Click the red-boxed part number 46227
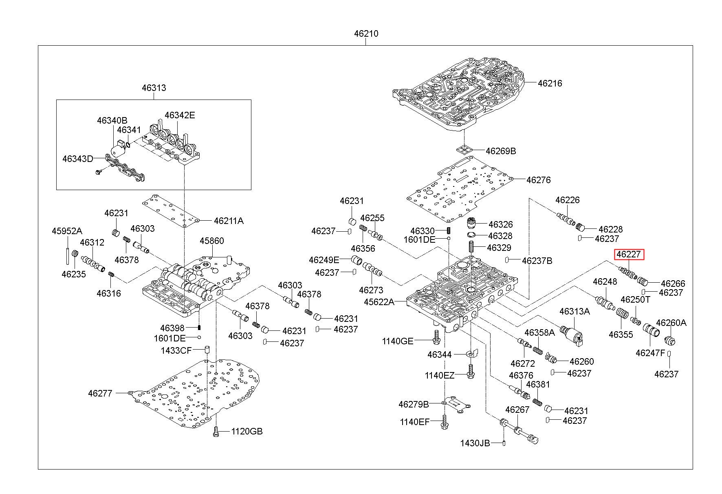pos(629,255)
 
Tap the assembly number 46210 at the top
pos(366,34)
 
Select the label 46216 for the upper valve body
pos(550,83)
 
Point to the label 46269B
pos(501,151)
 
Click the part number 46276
pos(538,180)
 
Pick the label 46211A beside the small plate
pos(229,221)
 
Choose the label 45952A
pos(67,231)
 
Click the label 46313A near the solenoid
pos(575,312)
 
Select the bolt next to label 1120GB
pos(216,432)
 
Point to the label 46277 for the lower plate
pos(100,393)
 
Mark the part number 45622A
pos(379,302)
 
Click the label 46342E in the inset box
pos(180,115)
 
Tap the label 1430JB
pos(475,443)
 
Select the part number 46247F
pos(650,353)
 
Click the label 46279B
pos(414,404)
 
